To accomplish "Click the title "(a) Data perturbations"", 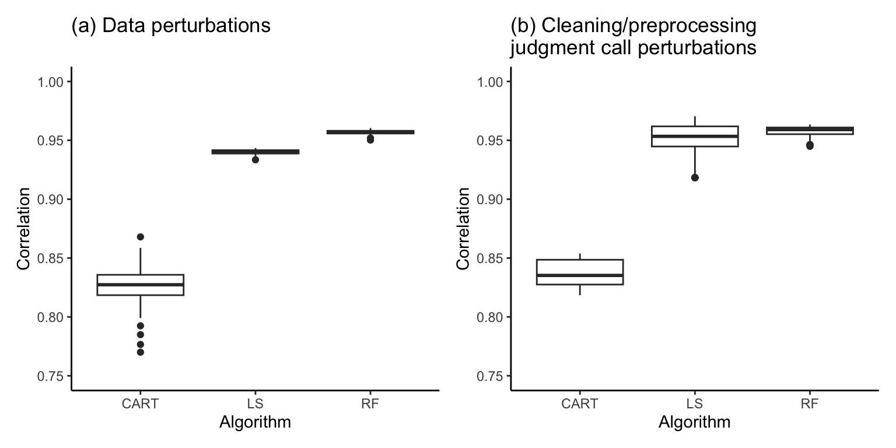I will click(170, 25).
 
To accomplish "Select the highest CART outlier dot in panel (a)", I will click(141, 237).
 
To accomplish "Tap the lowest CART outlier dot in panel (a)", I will click(141, 352).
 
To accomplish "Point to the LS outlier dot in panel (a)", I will click(256, 159).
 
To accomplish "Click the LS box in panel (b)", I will click(695, 136).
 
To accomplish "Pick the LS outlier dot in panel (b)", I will click(695, 177).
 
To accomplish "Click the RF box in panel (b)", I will click(810, 130).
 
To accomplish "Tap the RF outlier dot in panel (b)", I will click(810, 145).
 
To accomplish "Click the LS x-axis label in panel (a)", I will click(256, 404).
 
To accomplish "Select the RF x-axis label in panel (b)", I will click(810, 404).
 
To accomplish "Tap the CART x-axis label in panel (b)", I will click(580, 404).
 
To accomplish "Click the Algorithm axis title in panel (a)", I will click(255, 422).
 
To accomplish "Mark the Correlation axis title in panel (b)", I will click(464, 229).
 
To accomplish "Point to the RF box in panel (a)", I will click(370, 132).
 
